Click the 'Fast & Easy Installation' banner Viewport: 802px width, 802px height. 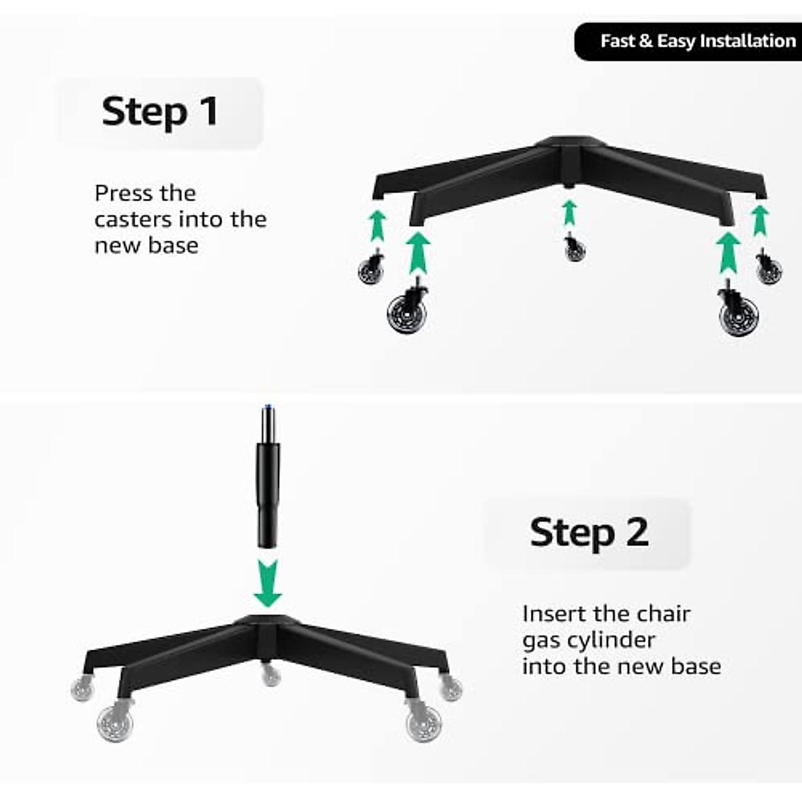click(695, 41)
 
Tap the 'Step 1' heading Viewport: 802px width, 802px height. click(160, 112)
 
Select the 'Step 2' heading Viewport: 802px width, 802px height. click(588, 533)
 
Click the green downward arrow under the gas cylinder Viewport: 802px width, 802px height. click(268, 582)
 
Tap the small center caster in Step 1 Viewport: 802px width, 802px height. click(574, 249)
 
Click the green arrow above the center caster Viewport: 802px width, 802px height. click(569, 213)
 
